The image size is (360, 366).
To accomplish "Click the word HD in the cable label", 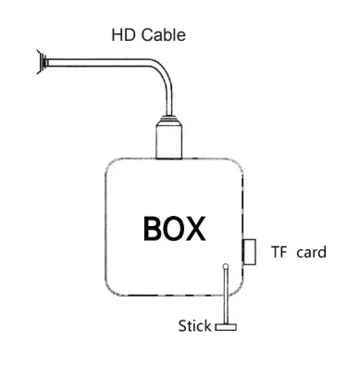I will (x=121, y=35).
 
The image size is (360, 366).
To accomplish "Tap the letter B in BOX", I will (x=155, y=228).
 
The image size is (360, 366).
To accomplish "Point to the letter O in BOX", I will (x=178, y=228).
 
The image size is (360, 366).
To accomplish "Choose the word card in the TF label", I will (x=311, y=251).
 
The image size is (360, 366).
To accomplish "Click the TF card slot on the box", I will (x=249, y=251).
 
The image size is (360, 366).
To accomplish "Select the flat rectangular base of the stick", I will (x=225, y=326).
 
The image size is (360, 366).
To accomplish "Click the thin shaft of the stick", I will (x=225, y=297).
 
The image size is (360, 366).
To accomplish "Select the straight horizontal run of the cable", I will (x=102, y=67).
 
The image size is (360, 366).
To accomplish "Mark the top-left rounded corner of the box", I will (x=112, y=166).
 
